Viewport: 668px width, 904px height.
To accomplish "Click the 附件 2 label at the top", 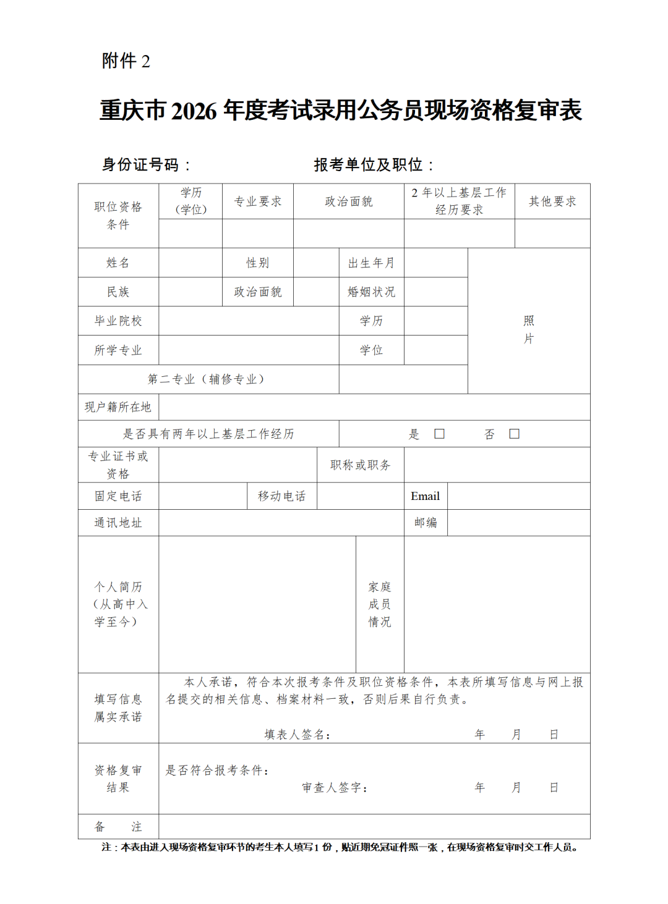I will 126,61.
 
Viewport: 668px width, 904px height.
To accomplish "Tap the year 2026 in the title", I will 194,111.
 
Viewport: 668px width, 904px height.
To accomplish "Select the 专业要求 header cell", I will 258,201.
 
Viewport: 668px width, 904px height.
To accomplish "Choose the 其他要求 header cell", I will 552,201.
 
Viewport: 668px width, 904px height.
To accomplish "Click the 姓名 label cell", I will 118,263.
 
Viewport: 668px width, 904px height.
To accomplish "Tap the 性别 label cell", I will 258,263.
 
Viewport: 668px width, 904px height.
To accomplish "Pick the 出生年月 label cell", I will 371,263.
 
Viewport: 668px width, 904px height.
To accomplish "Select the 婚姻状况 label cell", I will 371,292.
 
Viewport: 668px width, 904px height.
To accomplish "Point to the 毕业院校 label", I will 118,321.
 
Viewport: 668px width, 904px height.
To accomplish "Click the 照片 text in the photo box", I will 529,329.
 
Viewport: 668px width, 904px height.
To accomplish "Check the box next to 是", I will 439,434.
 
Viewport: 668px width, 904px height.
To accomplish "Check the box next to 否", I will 514,434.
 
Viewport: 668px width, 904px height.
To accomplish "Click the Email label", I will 425,496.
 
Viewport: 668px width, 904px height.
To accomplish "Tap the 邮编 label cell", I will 426,523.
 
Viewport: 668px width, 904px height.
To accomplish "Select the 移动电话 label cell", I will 282,496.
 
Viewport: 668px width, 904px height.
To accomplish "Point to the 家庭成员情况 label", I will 380,604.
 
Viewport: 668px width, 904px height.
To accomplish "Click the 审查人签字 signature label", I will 335,788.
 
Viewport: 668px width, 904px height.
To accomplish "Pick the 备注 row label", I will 118,827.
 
